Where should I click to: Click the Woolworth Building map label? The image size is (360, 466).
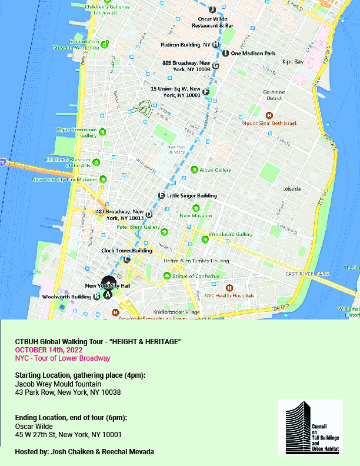coord(66,297)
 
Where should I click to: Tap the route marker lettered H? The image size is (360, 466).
coord(216,44)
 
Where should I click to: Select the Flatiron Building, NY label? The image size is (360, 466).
coord(185,44)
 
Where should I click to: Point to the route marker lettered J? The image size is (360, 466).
coord(212,9)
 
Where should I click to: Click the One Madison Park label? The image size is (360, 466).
coord(253,54)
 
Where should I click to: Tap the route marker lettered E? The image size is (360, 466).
coord(161,196)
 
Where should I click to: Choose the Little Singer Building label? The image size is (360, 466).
coord(192,196)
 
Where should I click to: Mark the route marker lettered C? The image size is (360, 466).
coord(126,259)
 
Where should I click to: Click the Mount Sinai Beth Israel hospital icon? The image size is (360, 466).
coord(269,115)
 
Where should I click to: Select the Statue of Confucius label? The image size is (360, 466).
coord(195,276)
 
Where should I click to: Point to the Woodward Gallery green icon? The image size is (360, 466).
coord(205,239)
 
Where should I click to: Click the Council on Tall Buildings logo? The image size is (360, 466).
coord(310,427)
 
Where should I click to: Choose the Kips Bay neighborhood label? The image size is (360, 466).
coord(292,61)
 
